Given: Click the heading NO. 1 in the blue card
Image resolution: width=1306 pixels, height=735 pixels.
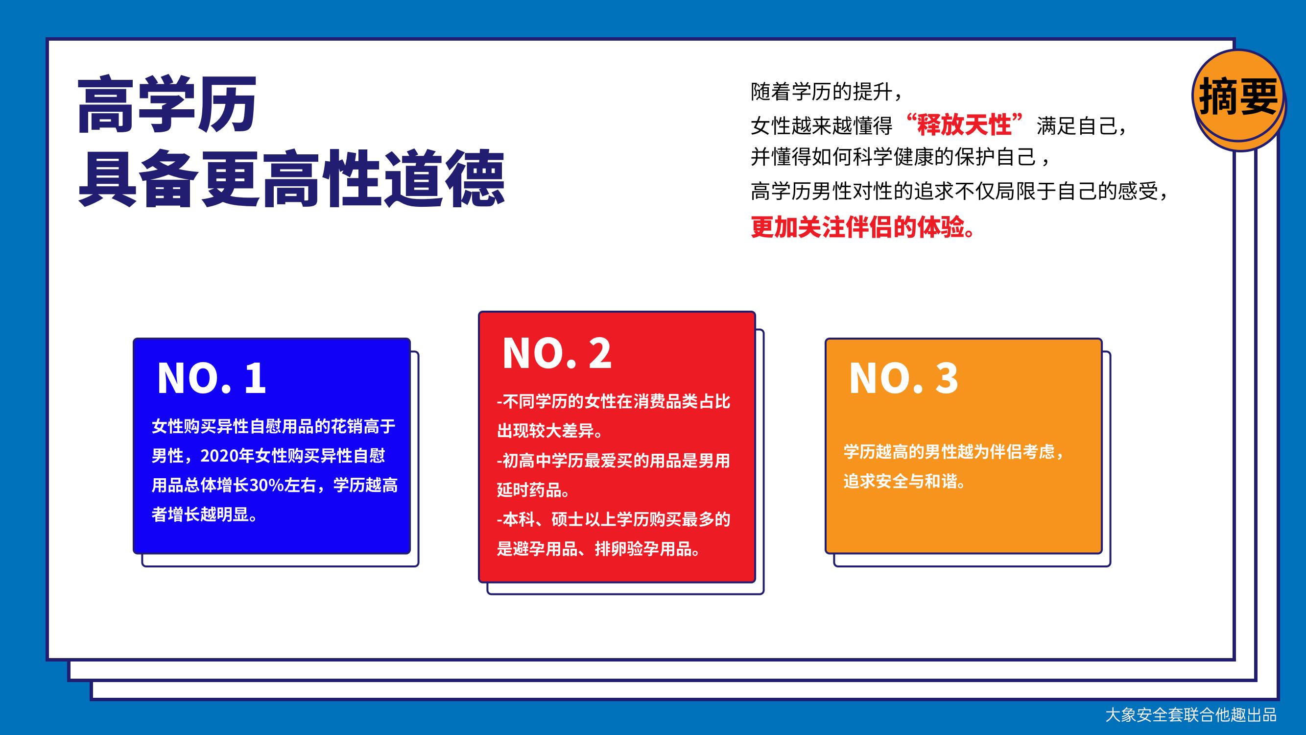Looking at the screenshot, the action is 212,378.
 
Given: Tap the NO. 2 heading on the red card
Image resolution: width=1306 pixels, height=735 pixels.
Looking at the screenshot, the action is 557,354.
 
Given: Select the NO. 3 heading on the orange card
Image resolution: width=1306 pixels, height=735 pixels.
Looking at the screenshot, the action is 903,378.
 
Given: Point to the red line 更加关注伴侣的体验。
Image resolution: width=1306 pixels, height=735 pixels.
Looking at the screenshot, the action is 863,227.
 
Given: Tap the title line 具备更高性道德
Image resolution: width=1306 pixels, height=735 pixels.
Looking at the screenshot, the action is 291,178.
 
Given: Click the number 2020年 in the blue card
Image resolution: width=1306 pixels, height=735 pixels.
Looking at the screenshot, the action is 227,456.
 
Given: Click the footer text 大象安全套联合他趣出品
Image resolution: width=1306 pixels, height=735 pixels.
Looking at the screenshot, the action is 1190,715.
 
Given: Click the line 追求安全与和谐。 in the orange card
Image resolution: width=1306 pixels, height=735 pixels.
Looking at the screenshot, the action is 905,481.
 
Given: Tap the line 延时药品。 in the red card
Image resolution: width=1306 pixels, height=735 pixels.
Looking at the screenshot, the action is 533,490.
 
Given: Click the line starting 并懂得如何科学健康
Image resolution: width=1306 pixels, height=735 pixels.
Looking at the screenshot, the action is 900,158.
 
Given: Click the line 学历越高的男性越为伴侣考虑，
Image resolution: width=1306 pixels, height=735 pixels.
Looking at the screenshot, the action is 953,451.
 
